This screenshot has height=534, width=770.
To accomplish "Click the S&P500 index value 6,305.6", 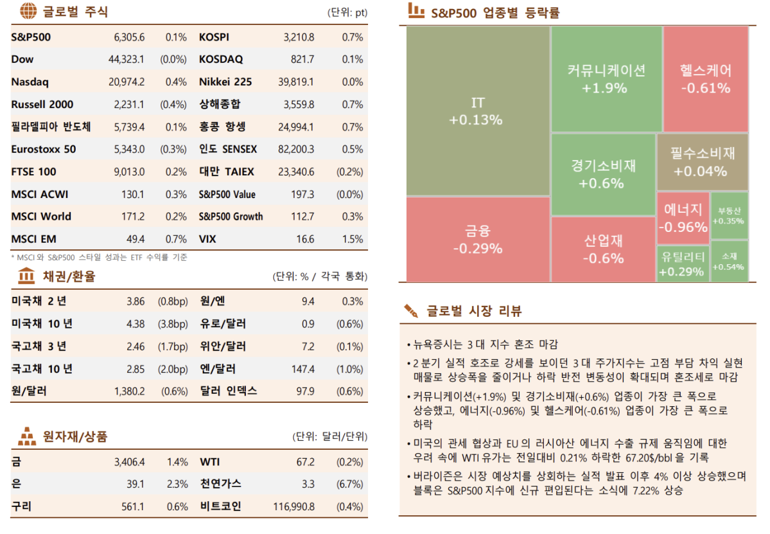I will tap(129, 37).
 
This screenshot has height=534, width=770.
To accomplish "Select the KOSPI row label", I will tap(214, 37).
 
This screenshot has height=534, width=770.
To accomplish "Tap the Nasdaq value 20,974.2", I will tap(127, 82).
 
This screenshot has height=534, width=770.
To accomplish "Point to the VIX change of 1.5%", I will tap(353, 239).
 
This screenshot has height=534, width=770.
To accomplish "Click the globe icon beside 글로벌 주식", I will tap(27, 11).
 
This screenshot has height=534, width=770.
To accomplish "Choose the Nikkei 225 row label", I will tap(225, 82).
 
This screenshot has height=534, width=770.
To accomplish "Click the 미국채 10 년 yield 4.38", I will tap(136, 324).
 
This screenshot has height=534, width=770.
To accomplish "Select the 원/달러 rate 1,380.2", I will tap(129, 391).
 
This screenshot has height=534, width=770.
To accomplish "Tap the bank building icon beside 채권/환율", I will tap(27, 276).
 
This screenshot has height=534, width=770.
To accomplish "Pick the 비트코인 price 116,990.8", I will tap(293, 506).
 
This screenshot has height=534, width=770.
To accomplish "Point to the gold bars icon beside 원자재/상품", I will tap(27, 437).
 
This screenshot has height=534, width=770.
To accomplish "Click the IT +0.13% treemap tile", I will tap(478, 111).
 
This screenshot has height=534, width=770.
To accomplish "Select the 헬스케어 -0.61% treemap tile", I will tap(705, 78).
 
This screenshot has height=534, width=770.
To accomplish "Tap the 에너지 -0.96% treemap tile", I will tap(683, 218).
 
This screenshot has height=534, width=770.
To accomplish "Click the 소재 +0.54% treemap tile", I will tap(729, 261).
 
